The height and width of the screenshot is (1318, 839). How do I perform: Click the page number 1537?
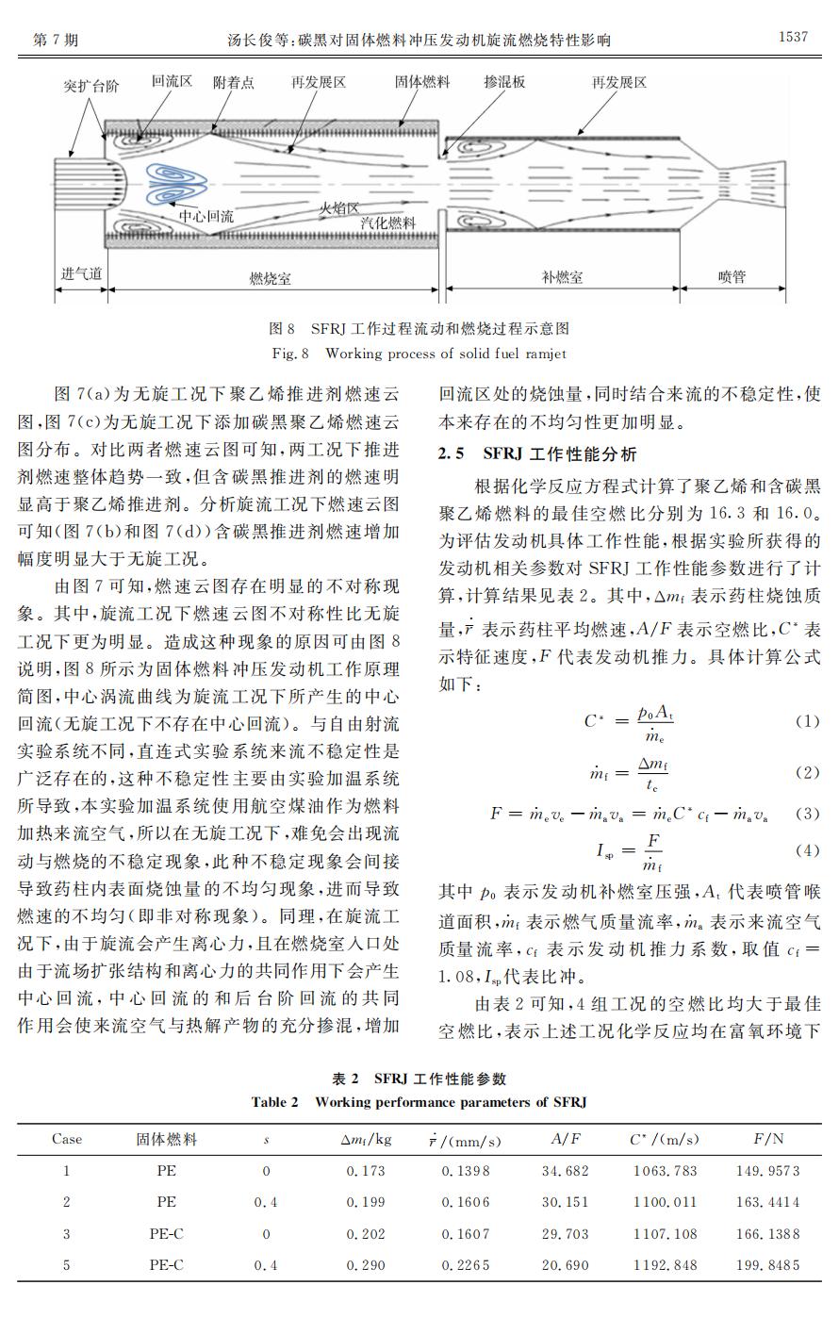(x=793, y=38)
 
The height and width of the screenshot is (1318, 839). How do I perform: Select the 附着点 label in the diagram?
(x=233, y=83)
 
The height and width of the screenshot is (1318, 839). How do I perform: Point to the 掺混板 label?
(x=504, y=83)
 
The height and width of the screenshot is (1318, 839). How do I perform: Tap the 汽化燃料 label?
(x=387, y=222)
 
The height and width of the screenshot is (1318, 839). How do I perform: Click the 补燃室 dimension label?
(x=562, y=277)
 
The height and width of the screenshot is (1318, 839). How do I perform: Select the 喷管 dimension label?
(x=732, y=277)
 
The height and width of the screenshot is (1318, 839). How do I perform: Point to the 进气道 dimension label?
(x=81, y=273)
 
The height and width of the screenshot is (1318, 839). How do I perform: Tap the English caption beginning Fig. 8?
(x=419, y=354)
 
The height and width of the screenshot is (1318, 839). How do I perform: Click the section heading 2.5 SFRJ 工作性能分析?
(x=537, y=454)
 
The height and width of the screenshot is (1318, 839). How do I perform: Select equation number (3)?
(x=807, y=813)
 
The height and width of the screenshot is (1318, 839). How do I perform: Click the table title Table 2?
(x=419, y=1101)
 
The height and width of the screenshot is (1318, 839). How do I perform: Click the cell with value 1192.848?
(x=665, y=1264)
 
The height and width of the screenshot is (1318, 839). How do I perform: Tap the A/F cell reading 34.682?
(x=566, y=1171)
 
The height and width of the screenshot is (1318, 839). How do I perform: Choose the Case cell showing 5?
(x=66, y=1264)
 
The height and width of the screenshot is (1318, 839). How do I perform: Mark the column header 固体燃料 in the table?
(x=167, y=1139)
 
